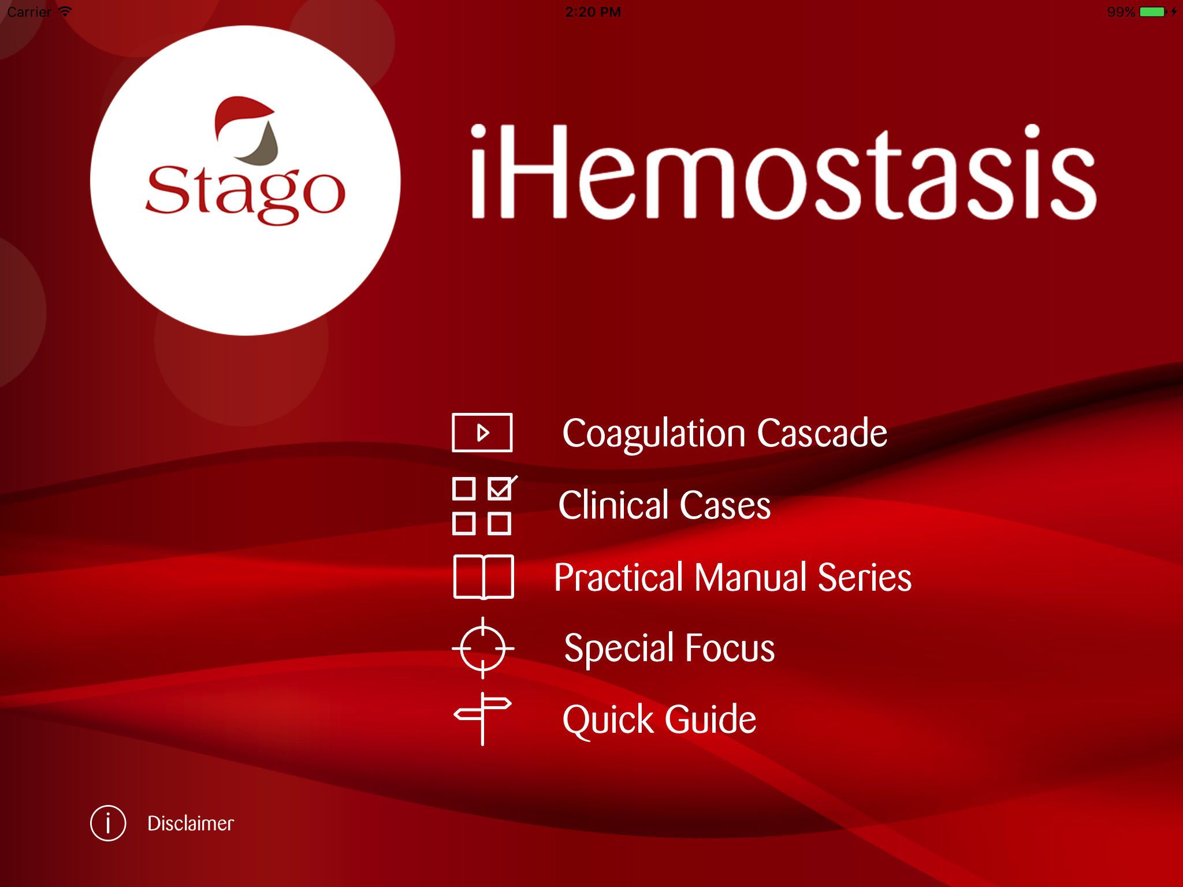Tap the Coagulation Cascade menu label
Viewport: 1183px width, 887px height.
click(x=724, y=433)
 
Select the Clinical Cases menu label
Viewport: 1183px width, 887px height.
click(x=664, y=505)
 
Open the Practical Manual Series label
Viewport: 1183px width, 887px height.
click(x=732, y=577)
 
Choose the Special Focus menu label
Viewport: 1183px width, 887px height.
click(x=669, y=648)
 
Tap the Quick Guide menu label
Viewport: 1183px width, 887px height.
click(x=659, y=720)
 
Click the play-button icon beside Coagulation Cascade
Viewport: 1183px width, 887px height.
click(x=482, y=433)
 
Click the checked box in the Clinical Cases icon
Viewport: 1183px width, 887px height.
click(x=500, y=488)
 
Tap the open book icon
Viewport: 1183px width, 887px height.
click(x=483, y=577)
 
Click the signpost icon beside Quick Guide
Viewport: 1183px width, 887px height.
click(x=482, y=719)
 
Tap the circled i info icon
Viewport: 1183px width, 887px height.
click(x=108, y=823)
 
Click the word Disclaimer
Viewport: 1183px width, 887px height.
click(x=191, y=823)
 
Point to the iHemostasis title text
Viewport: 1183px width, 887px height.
click(x=783, y=172)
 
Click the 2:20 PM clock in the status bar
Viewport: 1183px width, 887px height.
click(x=593, y=12)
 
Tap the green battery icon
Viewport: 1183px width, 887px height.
click(x=1153, y=12)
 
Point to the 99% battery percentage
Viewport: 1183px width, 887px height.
click(x=1121, y=12)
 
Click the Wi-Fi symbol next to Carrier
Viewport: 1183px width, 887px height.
click(x=65, y=12)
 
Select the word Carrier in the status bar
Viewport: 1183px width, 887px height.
click(x=29, y=12)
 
